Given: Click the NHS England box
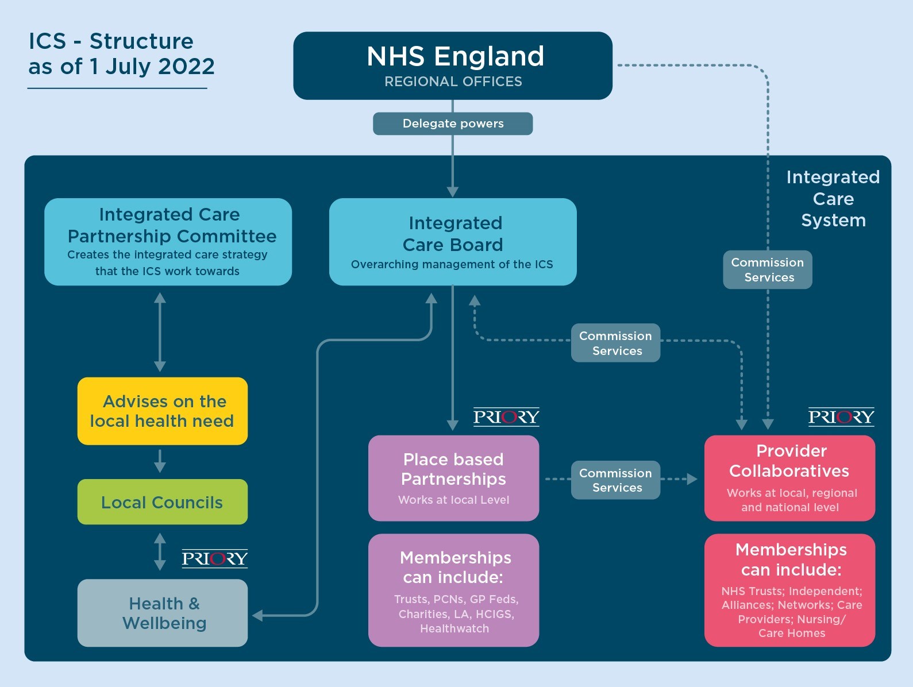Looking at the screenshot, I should click(453, 65).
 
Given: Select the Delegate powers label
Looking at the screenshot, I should click(453, 123).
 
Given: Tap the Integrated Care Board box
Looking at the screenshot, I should click(453, 242).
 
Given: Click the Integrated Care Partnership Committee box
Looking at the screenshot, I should click(168, 242).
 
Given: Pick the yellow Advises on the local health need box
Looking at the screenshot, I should click(163, 411).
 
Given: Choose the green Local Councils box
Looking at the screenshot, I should click(163, 502).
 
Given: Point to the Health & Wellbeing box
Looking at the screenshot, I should click(163, 613).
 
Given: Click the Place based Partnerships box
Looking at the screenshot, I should click(453, 478).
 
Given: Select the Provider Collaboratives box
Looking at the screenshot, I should click(789, 478).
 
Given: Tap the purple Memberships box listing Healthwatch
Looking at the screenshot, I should click(453, 590).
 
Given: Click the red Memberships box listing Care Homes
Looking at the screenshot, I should click(789, 590).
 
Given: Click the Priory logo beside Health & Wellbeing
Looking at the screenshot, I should click(215, 558).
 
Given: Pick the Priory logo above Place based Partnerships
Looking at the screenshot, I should click(506, 416).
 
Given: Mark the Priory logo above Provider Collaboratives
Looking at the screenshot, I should click(841, 416).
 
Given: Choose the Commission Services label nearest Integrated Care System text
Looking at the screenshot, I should click(768, 270).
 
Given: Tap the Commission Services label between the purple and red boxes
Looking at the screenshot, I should click(615, 480).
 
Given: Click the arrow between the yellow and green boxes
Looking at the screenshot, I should click(160, 461).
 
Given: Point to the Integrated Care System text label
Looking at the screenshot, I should click(833, 199).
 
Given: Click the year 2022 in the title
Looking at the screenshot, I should click(186, 67).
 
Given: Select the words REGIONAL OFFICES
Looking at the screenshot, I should click(453, 82).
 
